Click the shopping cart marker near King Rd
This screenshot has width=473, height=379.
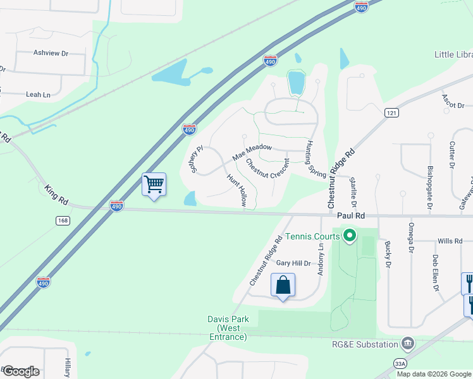[154, 185]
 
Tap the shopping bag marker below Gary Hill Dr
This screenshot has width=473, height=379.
[283, 285]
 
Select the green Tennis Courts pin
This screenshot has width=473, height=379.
[349, 238]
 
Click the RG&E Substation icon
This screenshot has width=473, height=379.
[408, 344]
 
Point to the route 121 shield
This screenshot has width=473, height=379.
[391, 112]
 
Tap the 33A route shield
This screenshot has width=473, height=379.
[400, 363]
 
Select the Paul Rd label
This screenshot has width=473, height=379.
[351, 216]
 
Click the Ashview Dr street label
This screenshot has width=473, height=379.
[51, 54]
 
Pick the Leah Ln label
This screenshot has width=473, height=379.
[38, 95]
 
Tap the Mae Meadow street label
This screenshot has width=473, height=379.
[252, 152]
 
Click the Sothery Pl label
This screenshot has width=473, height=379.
[195, 159]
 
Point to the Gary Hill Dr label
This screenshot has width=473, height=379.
[294, 263]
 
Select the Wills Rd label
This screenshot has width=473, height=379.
[450, 241]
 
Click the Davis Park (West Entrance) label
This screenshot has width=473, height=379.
[227, 328]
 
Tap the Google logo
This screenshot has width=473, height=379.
[20, 371]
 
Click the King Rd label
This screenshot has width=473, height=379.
[56, 194]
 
